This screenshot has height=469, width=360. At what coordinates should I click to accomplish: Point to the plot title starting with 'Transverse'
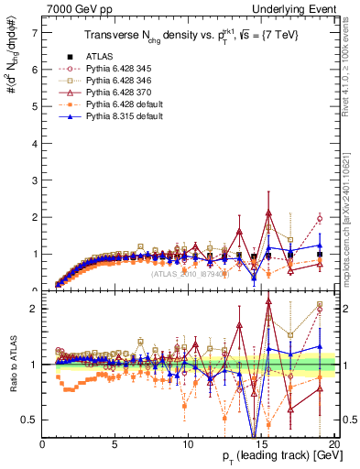pyautogui.click(x=189, y=38)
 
